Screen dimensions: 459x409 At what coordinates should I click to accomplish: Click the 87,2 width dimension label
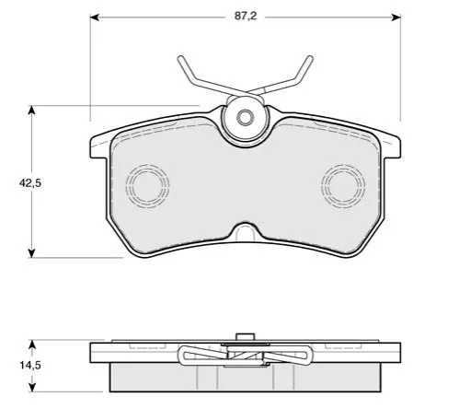point(246,16)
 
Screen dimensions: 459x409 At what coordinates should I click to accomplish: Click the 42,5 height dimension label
point(30,183)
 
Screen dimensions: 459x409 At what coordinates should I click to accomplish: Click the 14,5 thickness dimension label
point(30,366)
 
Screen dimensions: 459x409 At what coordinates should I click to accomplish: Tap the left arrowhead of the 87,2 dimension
point(94,18)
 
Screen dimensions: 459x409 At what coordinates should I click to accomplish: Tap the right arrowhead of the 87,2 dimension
point(396,18)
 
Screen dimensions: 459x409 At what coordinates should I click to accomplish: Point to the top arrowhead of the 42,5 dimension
point(31,110)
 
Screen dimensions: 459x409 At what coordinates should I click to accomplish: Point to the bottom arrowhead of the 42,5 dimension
point(31,253)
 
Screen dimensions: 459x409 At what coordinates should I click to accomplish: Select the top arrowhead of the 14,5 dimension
point(32,344)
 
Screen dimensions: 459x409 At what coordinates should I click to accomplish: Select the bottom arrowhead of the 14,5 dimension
point(32,387)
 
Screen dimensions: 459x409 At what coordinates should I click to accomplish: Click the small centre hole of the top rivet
point(245,117)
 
